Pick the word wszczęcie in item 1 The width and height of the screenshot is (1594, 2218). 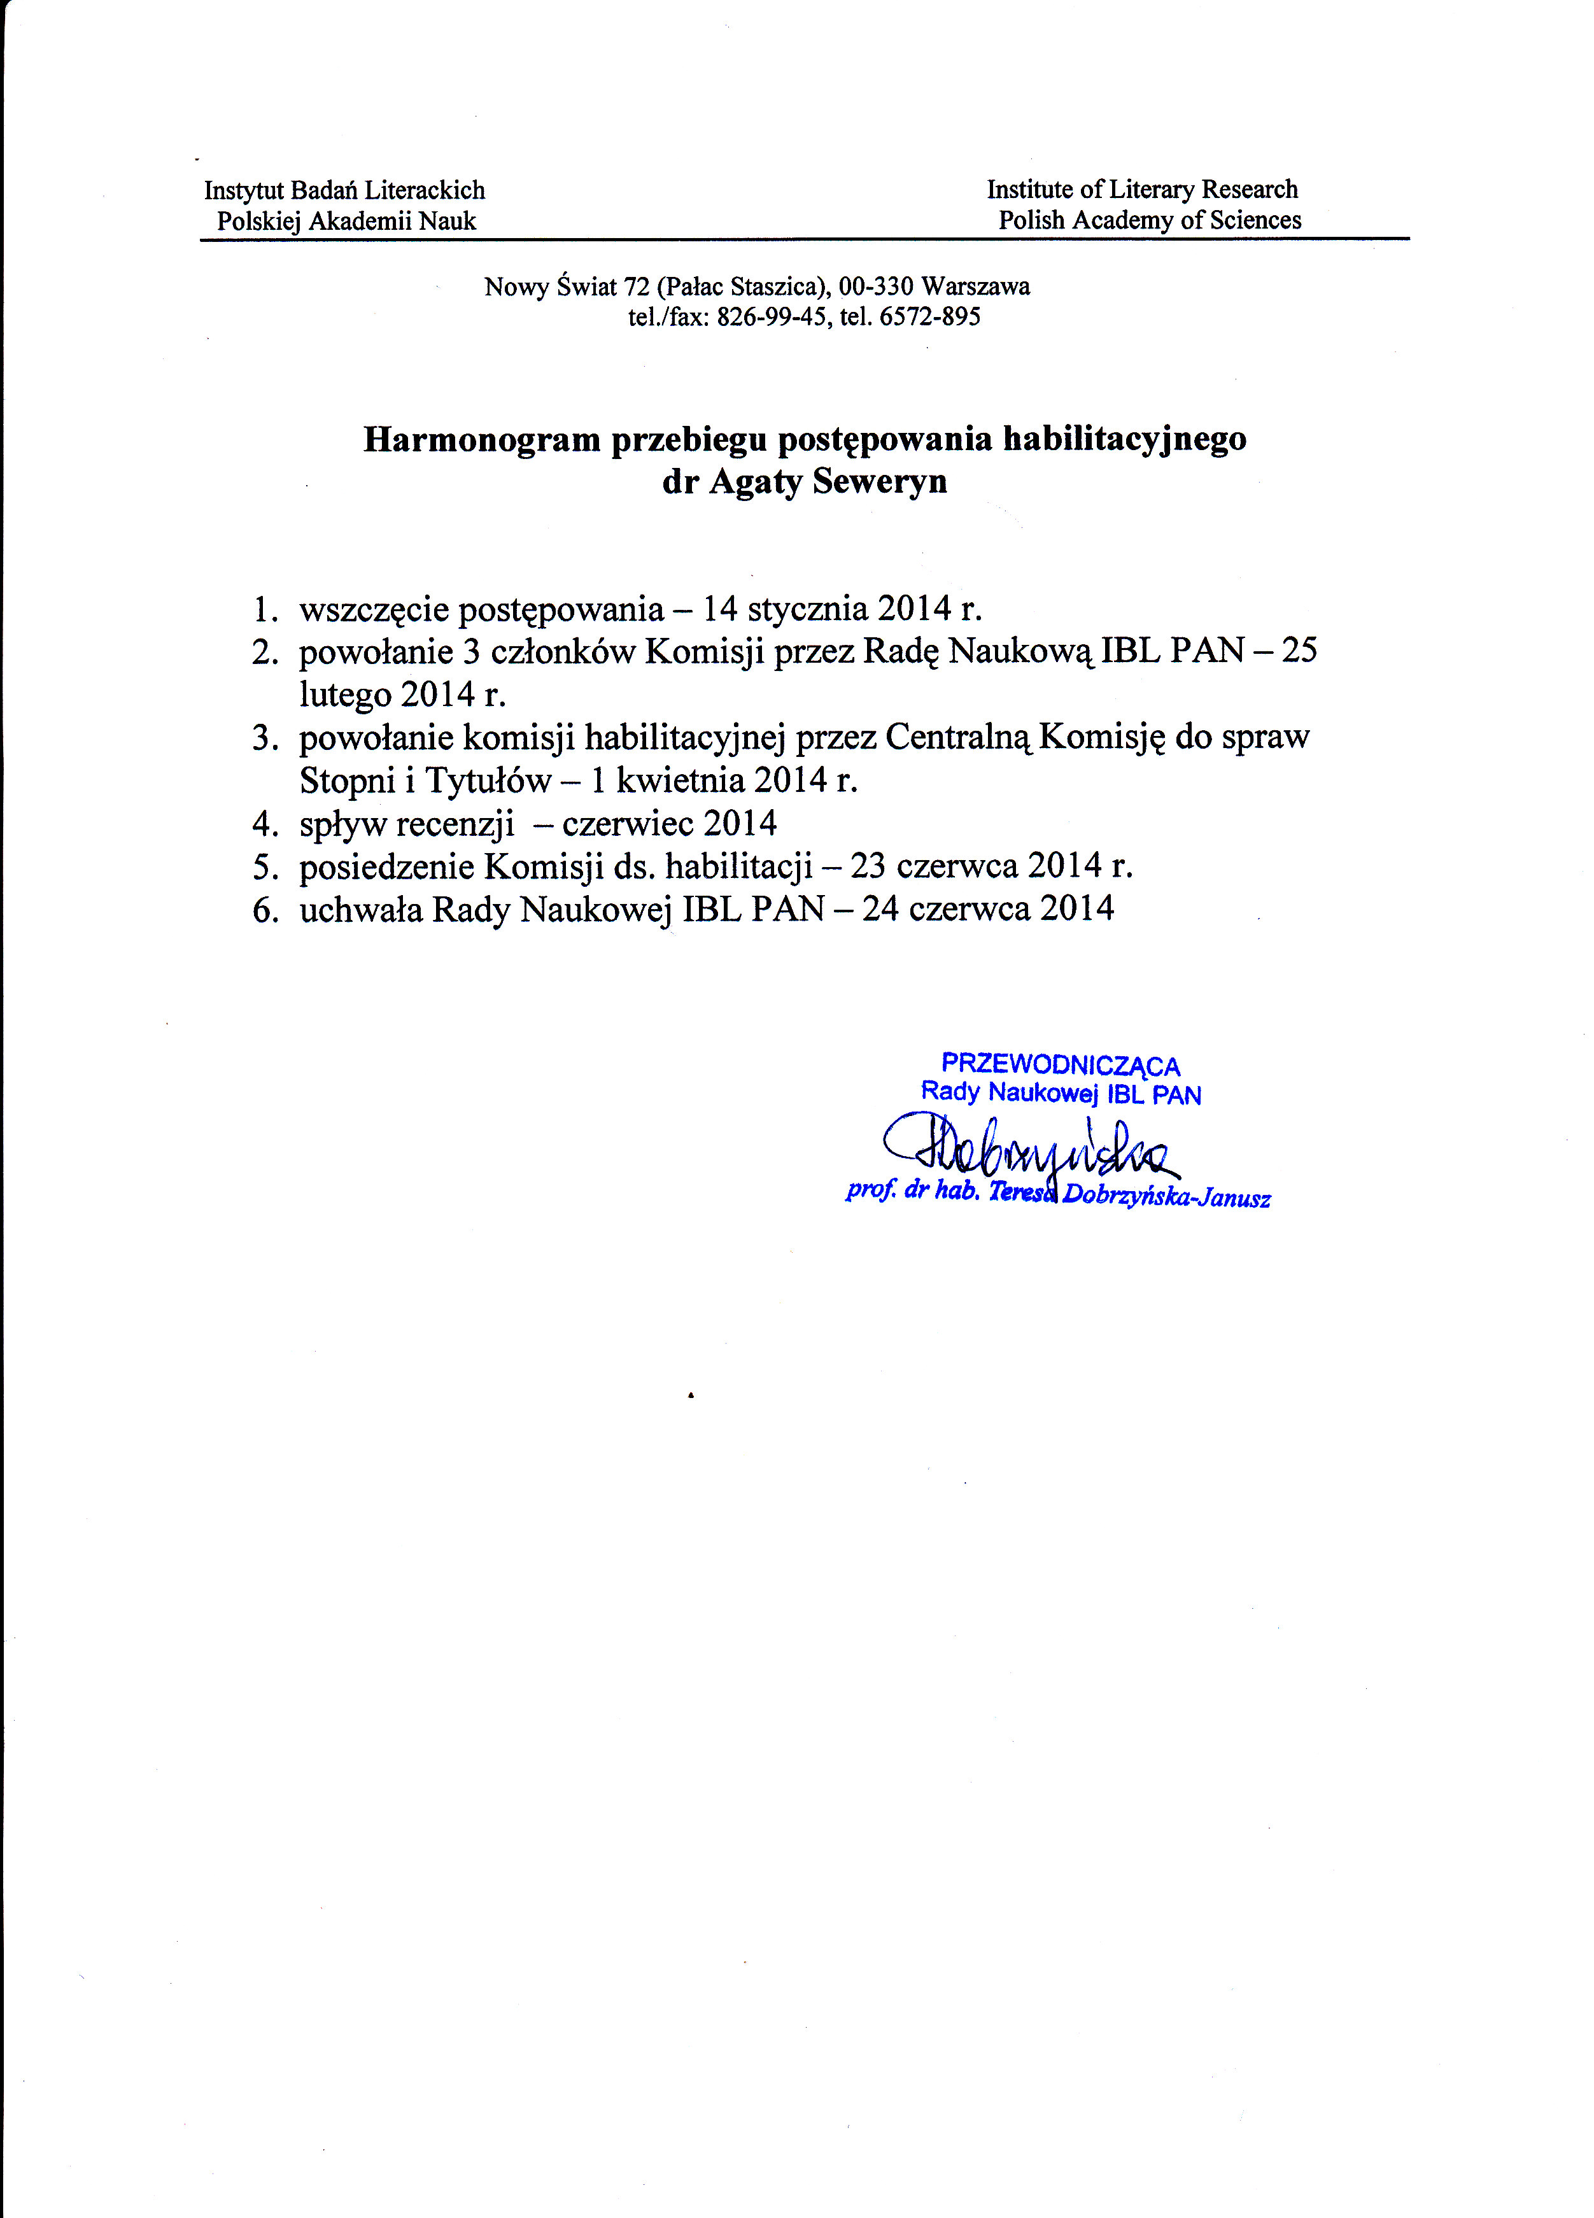(374, 611)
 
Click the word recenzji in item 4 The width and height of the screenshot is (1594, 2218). (455, 824)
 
